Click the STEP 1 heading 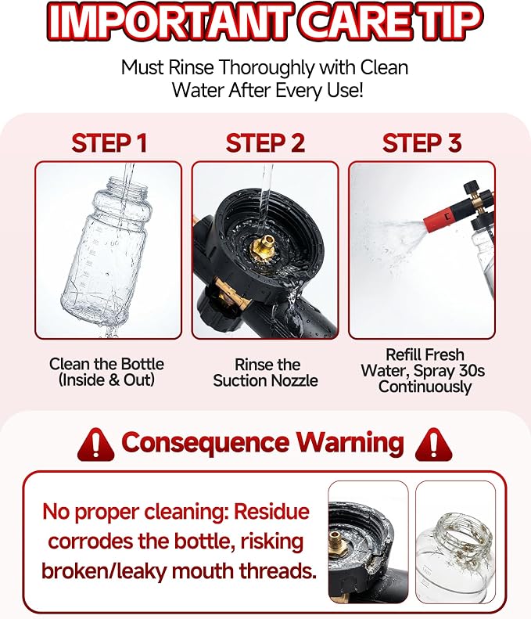pos(109,143)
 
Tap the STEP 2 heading pos(266,143)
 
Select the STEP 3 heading pos(422,143)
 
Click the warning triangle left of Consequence pos(96,444)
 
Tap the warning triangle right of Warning pos(433,444)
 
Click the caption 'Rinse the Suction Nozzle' pos(266,372)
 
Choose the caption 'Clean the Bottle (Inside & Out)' pos(106,372)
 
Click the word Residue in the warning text pos(272,512)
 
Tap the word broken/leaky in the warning pos(104,571)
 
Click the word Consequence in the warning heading pos(205,443)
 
